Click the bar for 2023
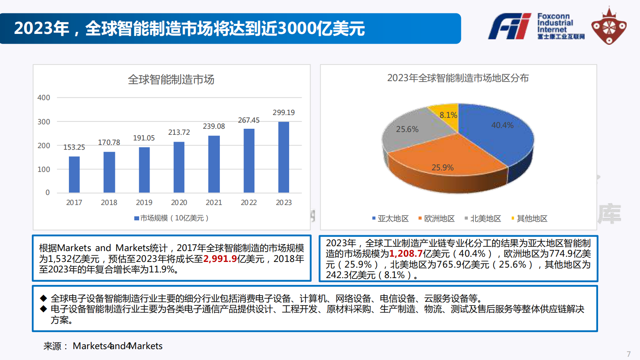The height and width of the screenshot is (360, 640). pos(284,157)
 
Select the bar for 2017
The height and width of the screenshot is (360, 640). pos(74,174)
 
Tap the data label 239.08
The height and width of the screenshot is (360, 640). pos(214,126)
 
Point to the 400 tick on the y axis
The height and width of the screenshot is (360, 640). pos(44,98)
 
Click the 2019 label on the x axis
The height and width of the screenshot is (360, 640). pos(144,203)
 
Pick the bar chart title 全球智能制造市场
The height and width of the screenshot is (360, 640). pos(171,80)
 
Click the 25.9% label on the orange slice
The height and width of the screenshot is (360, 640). pos(442,167)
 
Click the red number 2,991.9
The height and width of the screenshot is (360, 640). pos(220,259)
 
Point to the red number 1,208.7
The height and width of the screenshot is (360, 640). pos(406,254)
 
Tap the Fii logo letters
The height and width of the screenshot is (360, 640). pos(509,27)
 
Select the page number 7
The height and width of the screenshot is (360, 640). pos(628,354)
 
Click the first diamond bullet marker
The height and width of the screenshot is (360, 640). pos(44,298)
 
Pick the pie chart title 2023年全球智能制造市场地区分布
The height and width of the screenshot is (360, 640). pos(458,78)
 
